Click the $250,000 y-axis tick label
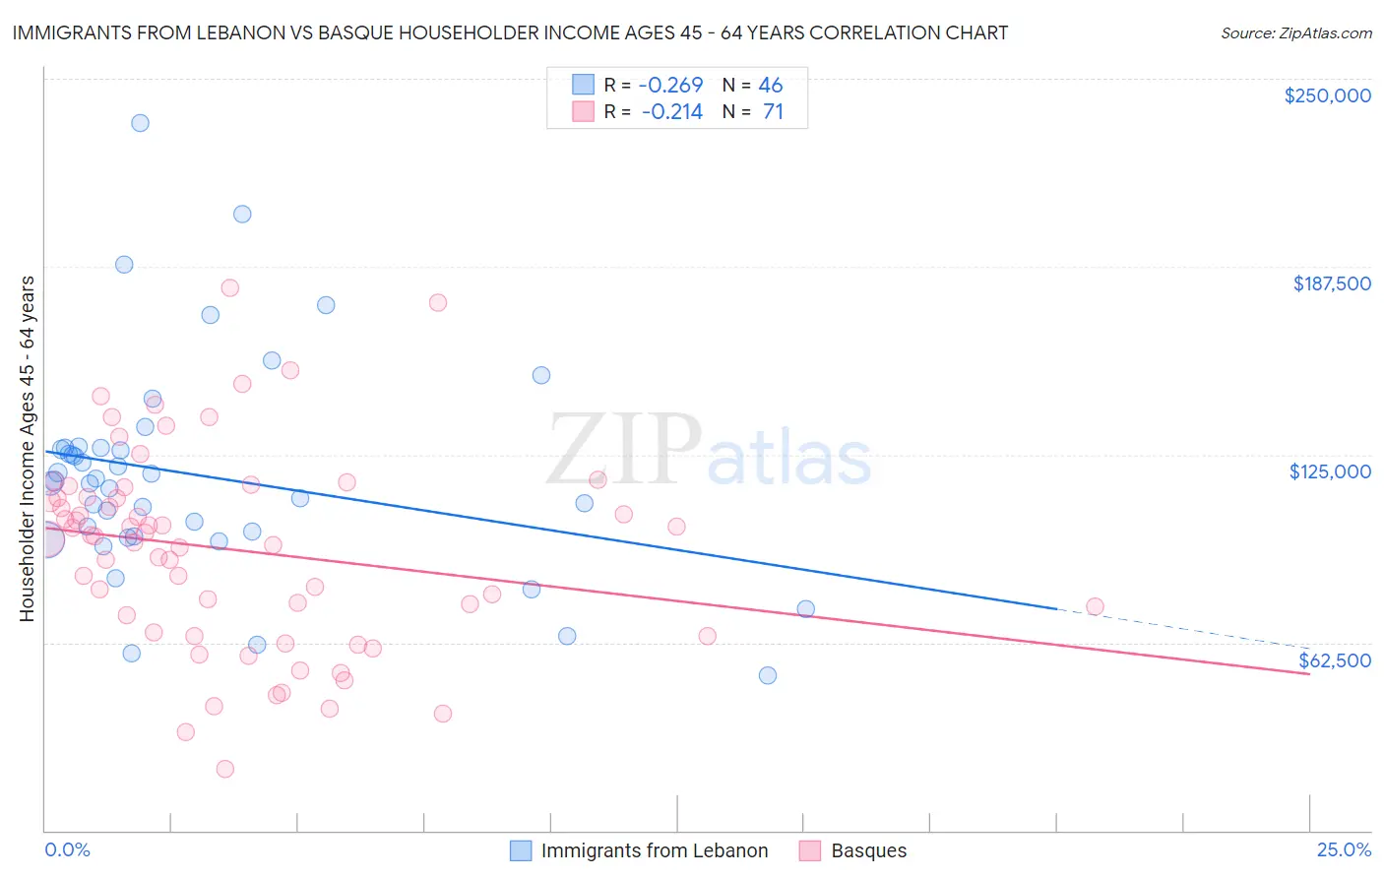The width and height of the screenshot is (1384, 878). coord(1327,95)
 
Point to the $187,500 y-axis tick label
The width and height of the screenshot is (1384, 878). coord(1332,283)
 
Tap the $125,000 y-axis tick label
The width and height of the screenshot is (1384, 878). coord(1330,471)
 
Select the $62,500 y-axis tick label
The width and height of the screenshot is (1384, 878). coord(1335,660)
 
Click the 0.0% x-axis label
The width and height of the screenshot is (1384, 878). coord(68,849)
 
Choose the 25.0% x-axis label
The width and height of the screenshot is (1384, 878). coord(1344,849)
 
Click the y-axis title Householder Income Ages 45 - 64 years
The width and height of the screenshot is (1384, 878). coord(28,449)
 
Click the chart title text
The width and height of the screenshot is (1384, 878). coord(510,32)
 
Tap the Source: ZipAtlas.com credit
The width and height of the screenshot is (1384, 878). coord(1295,32)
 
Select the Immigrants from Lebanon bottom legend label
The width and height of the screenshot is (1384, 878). coord(655,850)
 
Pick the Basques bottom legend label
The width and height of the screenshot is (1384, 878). coord(869,850)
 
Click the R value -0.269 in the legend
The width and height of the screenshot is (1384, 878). coord(672,85)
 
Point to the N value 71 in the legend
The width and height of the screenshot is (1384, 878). coord(773,112)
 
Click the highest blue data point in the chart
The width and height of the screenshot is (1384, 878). coord(140,123)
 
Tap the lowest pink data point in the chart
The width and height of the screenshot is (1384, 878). coord(224,769)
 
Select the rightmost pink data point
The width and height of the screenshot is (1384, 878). coord(1095,606)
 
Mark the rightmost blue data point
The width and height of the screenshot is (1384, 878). coord(805,608)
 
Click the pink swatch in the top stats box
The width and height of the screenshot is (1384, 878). coord(584,112)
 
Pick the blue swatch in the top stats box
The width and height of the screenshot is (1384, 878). coord(584,85)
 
